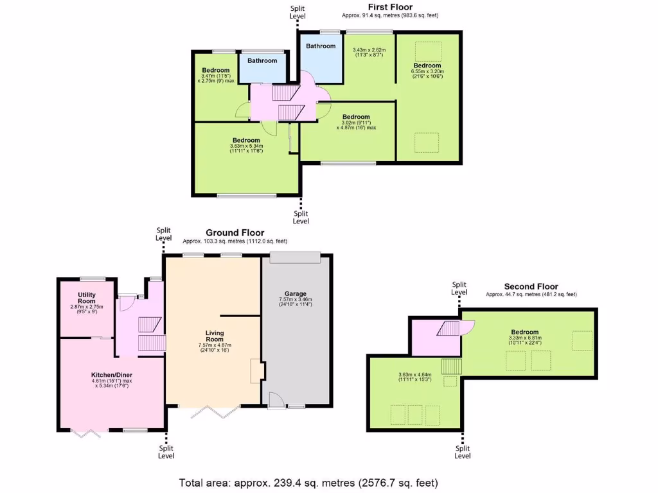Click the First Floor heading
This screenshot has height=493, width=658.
point(389,7)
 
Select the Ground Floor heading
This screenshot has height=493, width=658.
point(235,232)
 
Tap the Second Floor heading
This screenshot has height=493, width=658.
point(531,286)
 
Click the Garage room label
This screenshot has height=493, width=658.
point(296,293)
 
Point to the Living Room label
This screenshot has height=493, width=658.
point(215,336)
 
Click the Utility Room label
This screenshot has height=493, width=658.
point(87,298)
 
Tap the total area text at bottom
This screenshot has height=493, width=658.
point(308,482)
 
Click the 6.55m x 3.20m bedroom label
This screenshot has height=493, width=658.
point(427,65)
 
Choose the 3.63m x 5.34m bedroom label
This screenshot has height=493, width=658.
point(246,140)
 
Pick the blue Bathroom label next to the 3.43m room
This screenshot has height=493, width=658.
point(321,46)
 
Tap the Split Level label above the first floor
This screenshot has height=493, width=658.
point(298,12)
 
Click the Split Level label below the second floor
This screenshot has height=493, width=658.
point(463,453)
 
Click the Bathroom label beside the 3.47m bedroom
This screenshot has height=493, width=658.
point(262,60)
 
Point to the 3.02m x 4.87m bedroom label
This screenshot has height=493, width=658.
point(356,117)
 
